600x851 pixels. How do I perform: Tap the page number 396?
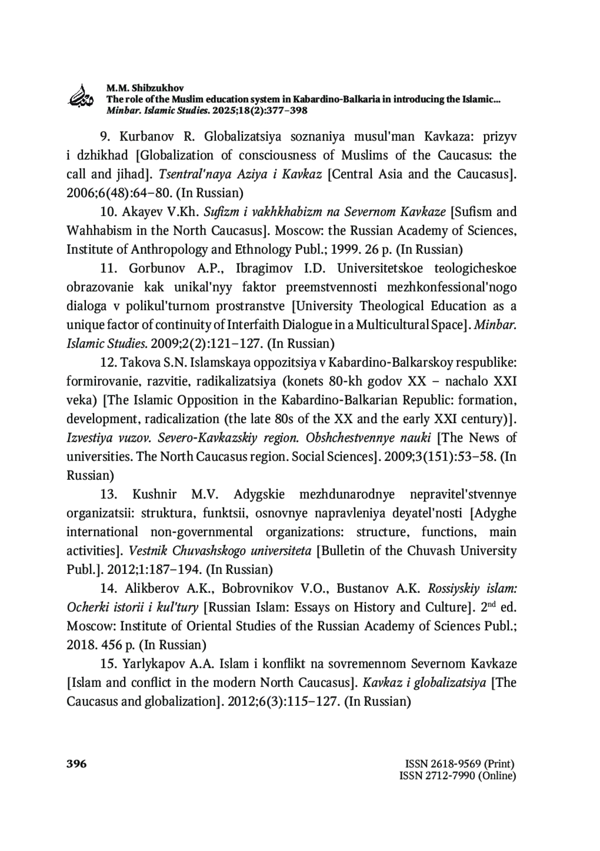point(76,764)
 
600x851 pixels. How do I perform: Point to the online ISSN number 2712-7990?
point(446,776)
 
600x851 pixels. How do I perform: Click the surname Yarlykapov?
point(151,664)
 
